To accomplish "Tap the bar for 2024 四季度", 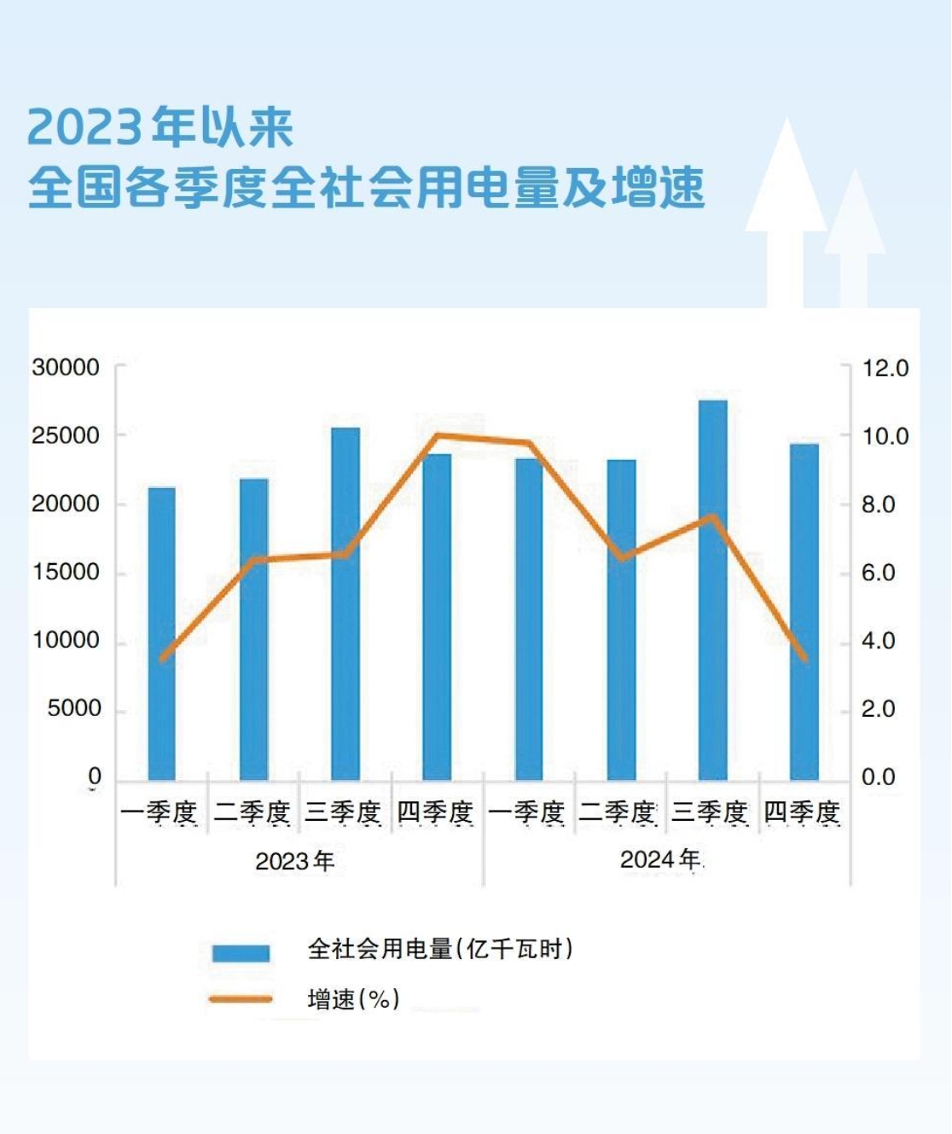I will (804, 612).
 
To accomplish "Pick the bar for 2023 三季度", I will (345, 604).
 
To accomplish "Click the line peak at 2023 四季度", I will (437, 436).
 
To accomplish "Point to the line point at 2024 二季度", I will (621, 558).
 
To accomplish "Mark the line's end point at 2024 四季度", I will (804, 658).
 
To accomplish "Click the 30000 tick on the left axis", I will (66, 368).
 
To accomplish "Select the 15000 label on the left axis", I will (66, 573).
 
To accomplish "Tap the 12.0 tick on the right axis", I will (885, 369).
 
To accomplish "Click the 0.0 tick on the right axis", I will (878, 777).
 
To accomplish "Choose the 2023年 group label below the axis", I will (294, 861).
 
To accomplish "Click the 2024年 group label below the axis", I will (659, 860).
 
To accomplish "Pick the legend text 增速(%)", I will (353, 999).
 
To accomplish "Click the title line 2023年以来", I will (160, 128).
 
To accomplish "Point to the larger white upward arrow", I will (786, 213).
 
